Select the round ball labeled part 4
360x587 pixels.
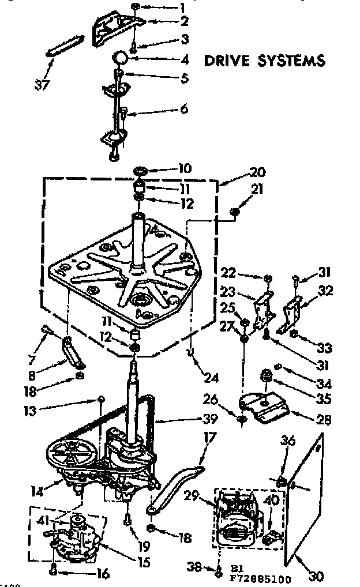(119, 58)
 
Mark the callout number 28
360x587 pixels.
(324, 420)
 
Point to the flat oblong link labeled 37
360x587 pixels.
(65, 45)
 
